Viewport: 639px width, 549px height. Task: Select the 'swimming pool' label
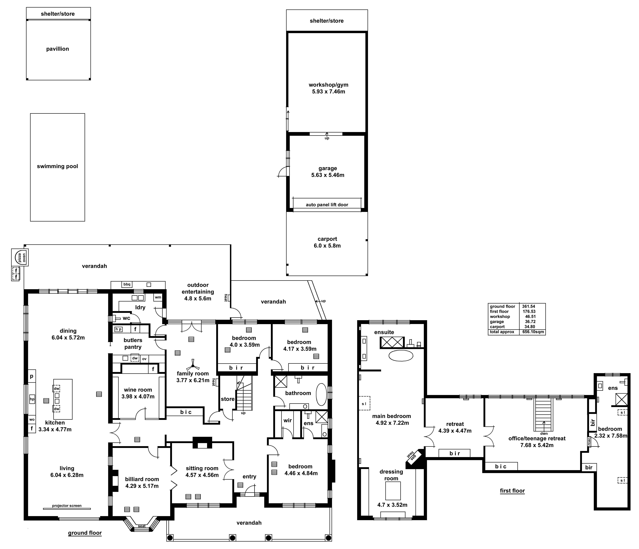[57, 166]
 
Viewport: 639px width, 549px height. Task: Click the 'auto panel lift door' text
[327, 205]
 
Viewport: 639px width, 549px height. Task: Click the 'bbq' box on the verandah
[127, 284]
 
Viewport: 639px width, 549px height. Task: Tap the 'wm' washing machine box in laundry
[158, 297]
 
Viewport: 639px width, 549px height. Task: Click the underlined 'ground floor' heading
[85, 533]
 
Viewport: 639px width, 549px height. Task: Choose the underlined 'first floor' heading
[512, 491]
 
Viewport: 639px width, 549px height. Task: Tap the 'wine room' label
[138, 390]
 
